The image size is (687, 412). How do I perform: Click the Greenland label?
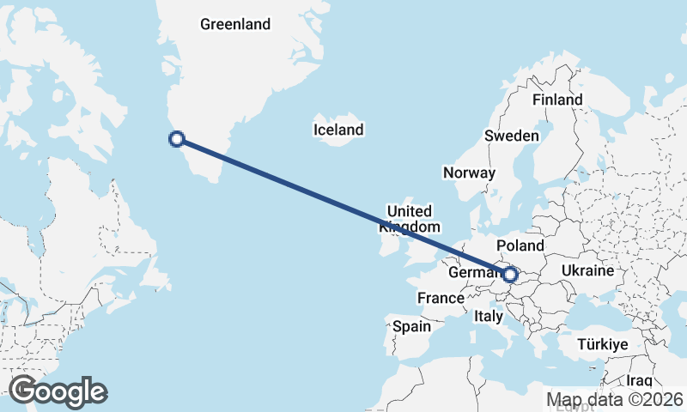pyautogui.click(x=235, y=24)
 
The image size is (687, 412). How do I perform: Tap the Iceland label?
pyautogui.click(x=338, y=130)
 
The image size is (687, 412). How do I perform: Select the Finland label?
pyautogui.click(x=557, y=100)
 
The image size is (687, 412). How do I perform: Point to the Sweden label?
pyautogui.click(x=512, y=136)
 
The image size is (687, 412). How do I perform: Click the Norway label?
pyautogui.click(x=470, y=173)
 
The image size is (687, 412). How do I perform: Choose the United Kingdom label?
pyautogui.click(x=410, y=219)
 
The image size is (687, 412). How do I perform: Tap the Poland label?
pyautogui.click(x=520, y=245)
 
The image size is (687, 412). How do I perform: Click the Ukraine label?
pyautogui.click(x=587, y=270)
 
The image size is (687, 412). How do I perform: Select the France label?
pyautogui.click(x=441, y=298)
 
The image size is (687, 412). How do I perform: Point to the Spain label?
pyautogui.click(x=411, y=326)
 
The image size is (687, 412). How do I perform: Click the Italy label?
pyautogui.click(x=489, y=316)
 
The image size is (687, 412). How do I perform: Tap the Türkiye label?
pyautogui.click(x=604, y=343)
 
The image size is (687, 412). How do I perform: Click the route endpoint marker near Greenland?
pyautogui.click(x=177, y=138)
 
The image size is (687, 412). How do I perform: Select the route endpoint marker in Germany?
pyautogui.click(x=510, y=275)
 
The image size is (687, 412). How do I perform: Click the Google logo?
pyautogui.click(x=58, y=391)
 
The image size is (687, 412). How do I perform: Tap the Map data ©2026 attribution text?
pyautogui.click(x=615, y=399)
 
